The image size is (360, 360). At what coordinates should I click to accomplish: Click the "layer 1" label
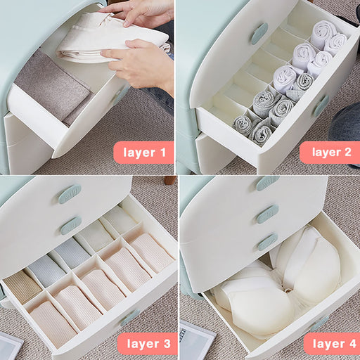pyautogui.click(x=144, y=153)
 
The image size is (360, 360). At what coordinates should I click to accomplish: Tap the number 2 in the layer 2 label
pyautogui.click(x=347, y=152)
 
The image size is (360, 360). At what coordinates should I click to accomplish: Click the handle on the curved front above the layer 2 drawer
pyautogui.click(x=259, y=34)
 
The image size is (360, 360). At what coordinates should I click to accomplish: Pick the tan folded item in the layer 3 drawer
pyautogui.click(x=22, y=288)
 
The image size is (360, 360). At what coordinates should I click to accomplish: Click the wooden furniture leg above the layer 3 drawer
pyautogui.click(x=170, y=180)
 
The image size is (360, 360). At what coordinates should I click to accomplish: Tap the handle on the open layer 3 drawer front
pyautogui.click(x=130, y=318)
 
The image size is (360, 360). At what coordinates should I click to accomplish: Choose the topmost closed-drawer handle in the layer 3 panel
pyautogui.click(x=70, y=194)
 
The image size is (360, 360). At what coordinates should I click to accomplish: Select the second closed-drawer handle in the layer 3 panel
pyautogui.click(x=71, y=226)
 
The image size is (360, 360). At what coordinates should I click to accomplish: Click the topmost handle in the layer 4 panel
pyautogui.click(x=268, y=183)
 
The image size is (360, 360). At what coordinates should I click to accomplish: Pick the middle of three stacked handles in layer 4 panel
pyautogui.click(x=267, y=214)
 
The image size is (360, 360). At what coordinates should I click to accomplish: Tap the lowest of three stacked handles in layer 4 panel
pyautogui.click(x=268, y=242)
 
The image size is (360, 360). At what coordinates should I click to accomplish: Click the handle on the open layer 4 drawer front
pyautogui.click(x=320, y=323)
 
